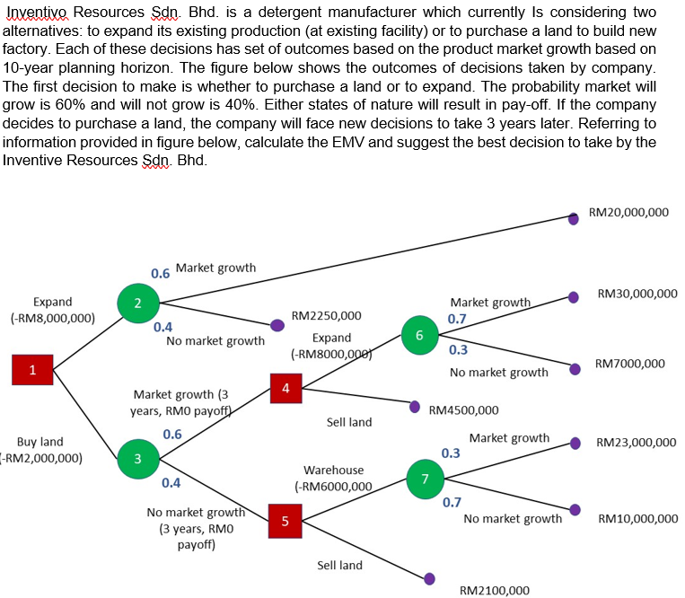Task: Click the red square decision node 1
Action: [x=32, y=368]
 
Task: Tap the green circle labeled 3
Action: [x=136, y=460]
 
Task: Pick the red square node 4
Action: [x=285, y=389]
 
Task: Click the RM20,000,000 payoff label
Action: [x=628, y=212]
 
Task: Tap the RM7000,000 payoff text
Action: [x=629, y=364]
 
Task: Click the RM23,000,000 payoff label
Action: [x=636, y=443]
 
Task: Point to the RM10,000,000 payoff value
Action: [x=637, y=518]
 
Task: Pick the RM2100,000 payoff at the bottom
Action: [x=494, y=590]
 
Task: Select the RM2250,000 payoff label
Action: [x=327, y=316]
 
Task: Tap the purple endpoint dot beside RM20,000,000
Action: [x=574, y=216]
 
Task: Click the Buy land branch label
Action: [x=41, y=442]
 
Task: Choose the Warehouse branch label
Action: [x=333, y=470]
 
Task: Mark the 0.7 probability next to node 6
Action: [x=457, y=319]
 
